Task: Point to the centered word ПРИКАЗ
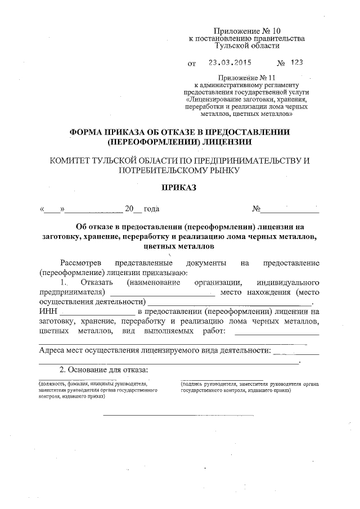pyautogui.click(x=179, y=187)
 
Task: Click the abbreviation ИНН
pyautogui.click(x=48, y=311)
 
